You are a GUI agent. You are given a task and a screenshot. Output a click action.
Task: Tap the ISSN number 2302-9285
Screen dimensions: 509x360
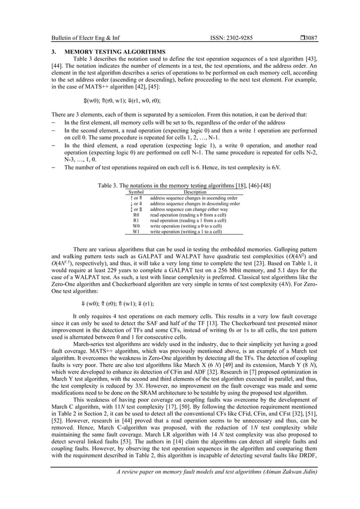[x=230, y=38]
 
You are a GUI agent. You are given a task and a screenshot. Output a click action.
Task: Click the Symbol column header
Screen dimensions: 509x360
[x=136, y=192]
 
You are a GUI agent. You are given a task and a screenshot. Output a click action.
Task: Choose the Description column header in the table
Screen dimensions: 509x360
[x=194, y=192]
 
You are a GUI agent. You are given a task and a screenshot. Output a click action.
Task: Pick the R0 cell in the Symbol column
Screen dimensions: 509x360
[x=136, y=215]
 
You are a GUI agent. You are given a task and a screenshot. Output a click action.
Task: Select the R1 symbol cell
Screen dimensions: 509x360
[x=136, y=221]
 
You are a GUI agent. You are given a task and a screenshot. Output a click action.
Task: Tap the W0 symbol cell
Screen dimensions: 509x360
[x=136, y=226]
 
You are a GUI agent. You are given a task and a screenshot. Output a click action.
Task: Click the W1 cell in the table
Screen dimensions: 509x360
[x=136, y=232]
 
